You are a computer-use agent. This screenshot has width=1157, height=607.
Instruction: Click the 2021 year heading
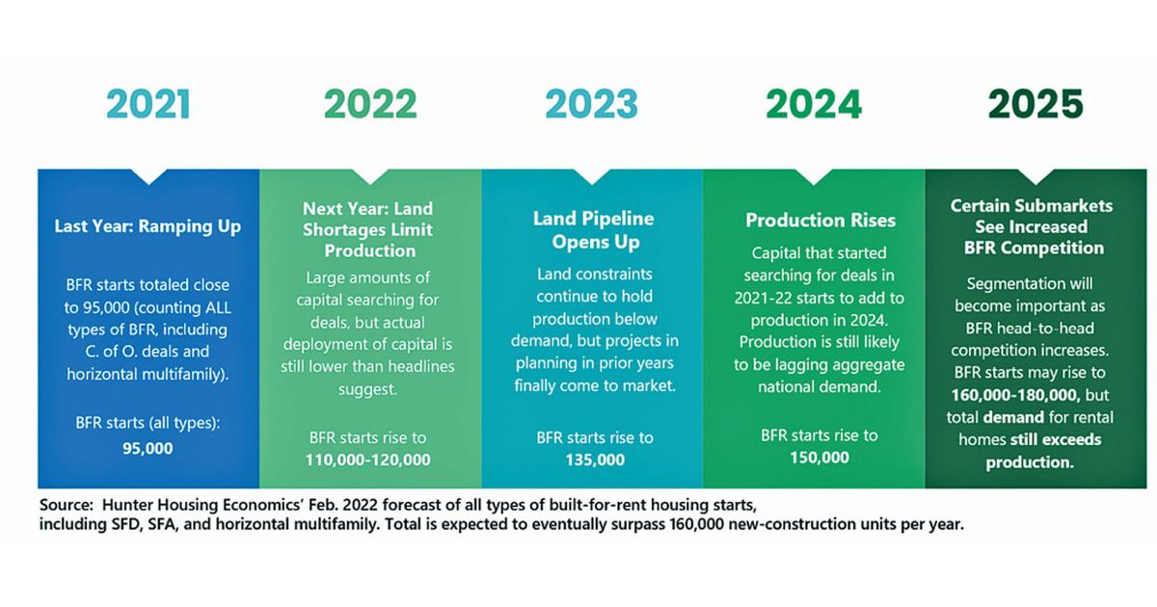[x=148, y=104]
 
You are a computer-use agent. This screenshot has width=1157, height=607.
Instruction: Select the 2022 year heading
[x=370, y=104]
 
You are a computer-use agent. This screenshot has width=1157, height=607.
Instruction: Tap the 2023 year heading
[x=591, y=104]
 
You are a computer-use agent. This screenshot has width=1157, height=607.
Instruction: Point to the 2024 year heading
[x=814, y=104]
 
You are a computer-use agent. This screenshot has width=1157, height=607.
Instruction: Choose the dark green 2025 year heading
[x=1036, y=104]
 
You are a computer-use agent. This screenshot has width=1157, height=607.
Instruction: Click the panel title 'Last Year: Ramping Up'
[x=148, y=226]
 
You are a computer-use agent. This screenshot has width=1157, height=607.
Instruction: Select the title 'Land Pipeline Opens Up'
[x=594, y=230]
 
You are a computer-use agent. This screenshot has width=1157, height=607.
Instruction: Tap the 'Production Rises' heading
[x=821, y=221]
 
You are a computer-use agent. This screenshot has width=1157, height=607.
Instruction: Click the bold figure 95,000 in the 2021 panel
[x=148, y=448]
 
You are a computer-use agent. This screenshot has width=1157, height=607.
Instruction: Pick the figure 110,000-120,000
[x=367, y=460]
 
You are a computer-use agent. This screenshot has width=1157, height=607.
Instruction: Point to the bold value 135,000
[x=595, y=460]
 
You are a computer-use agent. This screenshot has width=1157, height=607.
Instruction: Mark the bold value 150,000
[x=820, y=458]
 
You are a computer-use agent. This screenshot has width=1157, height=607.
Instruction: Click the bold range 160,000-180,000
[x=1015, y=395]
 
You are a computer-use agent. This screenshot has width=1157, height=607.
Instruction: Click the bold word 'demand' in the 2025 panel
[x=1013, y=417]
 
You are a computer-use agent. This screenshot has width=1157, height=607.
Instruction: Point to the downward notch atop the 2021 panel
[x=148, y=176]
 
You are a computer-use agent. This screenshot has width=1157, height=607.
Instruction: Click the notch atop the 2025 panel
[x=1036, y=176]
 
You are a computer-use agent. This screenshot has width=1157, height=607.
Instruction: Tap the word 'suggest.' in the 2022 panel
[x=367, y=389]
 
